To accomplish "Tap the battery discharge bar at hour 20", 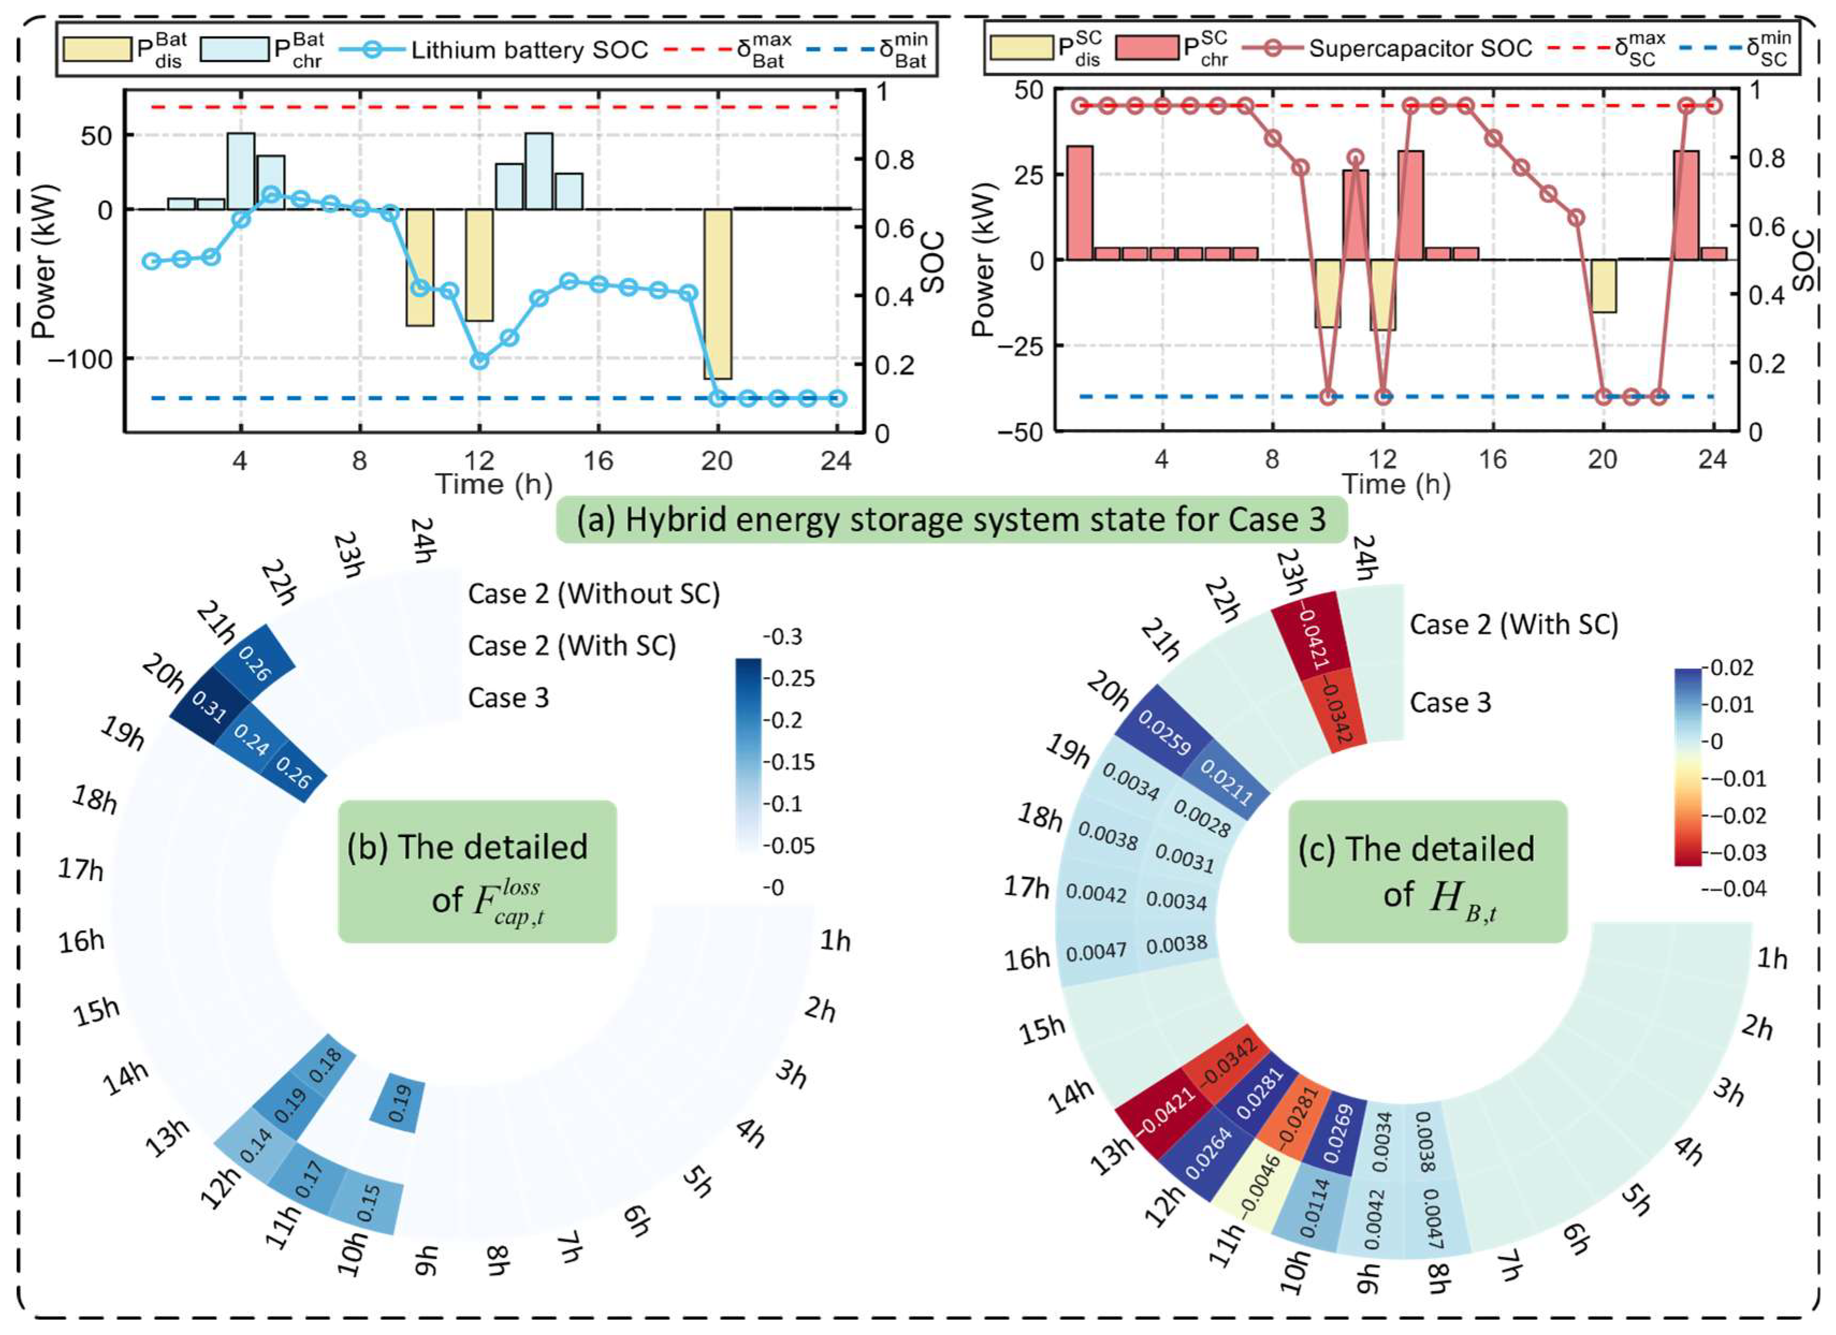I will pos(717,294).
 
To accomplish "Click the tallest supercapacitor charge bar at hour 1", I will pos(1080,202).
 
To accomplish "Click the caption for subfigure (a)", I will pos(951,519).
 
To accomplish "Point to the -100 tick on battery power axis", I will pos(80,358).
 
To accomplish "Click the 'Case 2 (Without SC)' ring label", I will pos(594,593).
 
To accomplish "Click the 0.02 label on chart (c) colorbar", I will pos(1733,668).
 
